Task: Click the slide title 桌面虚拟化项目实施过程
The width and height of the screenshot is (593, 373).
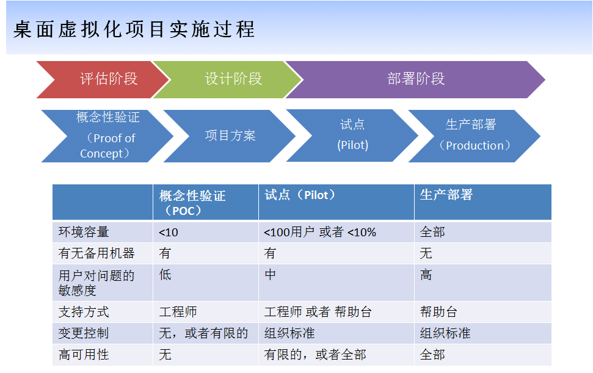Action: click(x=134, y=29)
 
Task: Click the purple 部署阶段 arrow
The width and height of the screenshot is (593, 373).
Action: click(x=415, y=79)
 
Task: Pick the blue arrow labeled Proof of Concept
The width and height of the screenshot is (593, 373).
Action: click(x=107, y=136)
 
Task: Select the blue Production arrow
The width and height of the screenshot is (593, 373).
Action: click(x=473, y=135)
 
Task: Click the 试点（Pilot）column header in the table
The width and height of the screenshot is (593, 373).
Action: click(x=300, y=195)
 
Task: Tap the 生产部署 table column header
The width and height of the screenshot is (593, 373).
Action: click(x=446, y=195)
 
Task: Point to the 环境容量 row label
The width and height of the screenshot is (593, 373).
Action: click(x=84, y=232)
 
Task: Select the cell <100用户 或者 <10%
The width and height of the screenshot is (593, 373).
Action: click(x=320, y=232)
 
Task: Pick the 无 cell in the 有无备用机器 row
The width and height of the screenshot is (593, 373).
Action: click(x=426, y=253)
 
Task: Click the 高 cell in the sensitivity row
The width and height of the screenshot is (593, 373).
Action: click(x=426, y=275)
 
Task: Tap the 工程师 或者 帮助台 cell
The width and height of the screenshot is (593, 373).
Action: click(x=318, y=312)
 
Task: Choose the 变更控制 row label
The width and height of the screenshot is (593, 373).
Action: click(x=84, y=333)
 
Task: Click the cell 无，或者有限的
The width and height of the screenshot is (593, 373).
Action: click(x=203, y=333)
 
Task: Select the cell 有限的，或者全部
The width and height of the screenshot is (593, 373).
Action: click(x=315, y=354)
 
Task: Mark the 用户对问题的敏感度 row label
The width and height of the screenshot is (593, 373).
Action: click(x=96, y=283)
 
